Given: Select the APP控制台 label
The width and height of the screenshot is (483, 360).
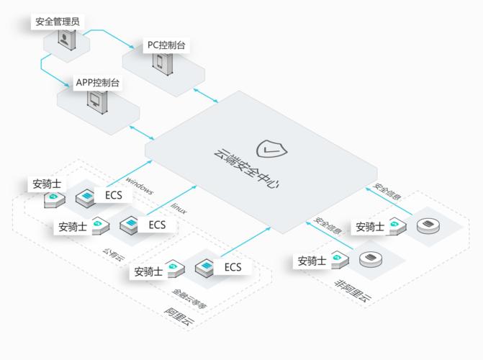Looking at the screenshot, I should click(98, 83).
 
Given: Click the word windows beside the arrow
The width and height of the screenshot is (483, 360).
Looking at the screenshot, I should click(140, 185).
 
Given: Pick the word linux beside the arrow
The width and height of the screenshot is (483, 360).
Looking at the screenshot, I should click(179, 208).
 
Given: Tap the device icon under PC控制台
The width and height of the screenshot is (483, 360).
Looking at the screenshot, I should click(160, 60).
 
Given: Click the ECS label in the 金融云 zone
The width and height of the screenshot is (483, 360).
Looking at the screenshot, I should click(233, 268).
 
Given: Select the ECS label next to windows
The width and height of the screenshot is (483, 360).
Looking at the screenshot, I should click(114, 195).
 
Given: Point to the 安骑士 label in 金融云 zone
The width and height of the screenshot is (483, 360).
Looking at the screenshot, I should click(147, 271).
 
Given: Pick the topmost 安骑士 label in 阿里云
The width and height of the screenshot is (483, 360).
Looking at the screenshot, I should click(47, 184).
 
